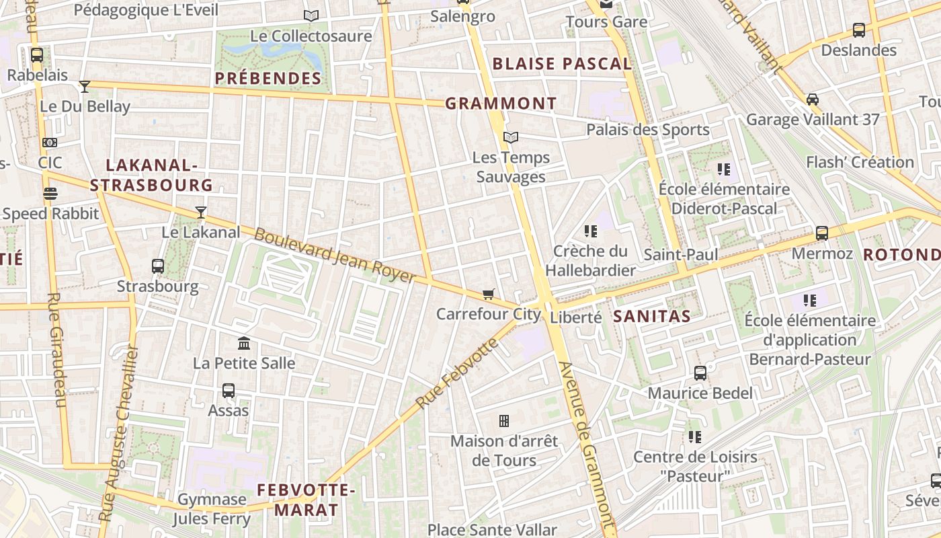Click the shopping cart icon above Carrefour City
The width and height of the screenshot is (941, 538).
pyautogui.click(x=489, y=294)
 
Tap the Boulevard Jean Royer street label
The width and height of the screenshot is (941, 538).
pyautogui.click(x=335, y=256)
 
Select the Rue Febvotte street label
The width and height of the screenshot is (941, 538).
pyautogui.click(x=457, y=373)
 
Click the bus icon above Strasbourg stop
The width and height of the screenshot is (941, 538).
pyautogui.click(x=158, y=266)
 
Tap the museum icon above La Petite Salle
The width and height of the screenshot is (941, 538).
pyautogui.click(x=244, y=344)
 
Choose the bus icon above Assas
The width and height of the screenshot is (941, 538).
pyautogui.click(x=229, y=390)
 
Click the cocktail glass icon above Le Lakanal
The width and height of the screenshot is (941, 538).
pyautogui.click(x=200, y=213)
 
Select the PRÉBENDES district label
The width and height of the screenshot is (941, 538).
pyautogui.click(x=268, y=79)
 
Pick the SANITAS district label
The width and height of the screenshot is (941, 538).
pyautogui.click(x=652, y=316)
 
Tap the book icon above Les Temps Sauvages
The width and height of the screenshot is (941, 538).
pyautogui.click(x=511, y=137)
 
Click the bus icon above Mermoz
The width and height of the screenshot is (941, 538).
pyautogui.click(x=821, y=233)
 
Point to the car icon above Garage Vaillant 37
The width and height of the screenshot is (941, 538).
pyautogui.click(x=812, y=100)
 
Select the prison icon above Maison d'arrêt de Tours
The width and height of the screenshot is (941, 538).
pyautogui.click(x=503, y=421)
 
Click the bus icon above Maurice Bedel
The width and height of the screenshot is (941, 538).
pyautogui.click(x=700, y=373)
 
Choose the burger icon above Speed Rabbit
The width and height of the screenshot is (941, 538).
pyautogui.click(x=50, y=194)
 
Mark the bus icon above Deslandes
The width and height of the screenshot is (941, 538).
pyautogui.click(x=858, y=30)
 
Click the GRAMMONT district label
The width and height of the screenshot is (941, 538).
pyautogui.click(x=501, y=104)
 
